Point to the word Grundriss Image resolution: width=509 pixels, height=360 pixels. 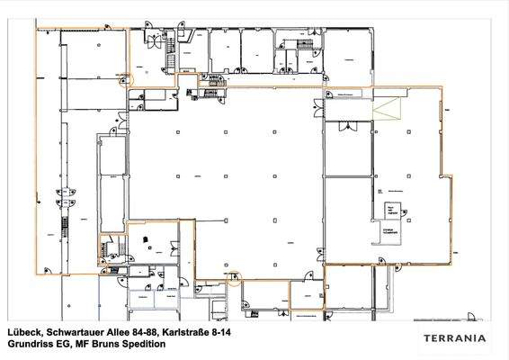point(29,344)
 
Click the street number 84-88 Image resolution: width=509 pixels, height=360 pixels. point(141,332)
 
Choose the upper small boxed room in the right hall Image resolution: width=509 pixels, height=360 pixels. point(390,211)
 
